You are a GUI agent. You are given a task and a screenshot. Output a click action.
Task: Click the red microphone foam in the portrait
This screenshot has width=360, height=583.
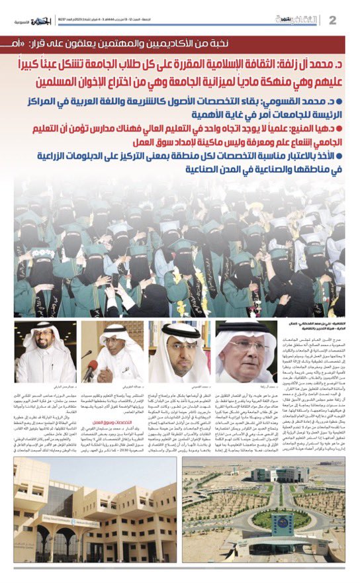(89, 367)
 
